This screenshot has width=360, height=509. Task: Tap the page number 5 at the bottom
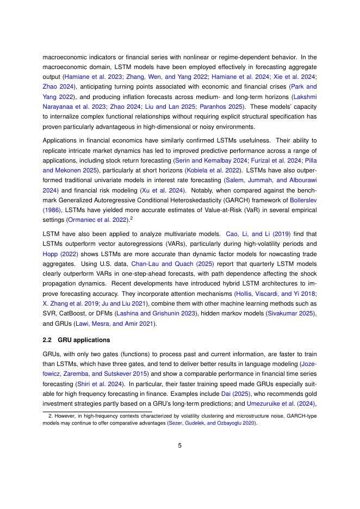180,445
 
